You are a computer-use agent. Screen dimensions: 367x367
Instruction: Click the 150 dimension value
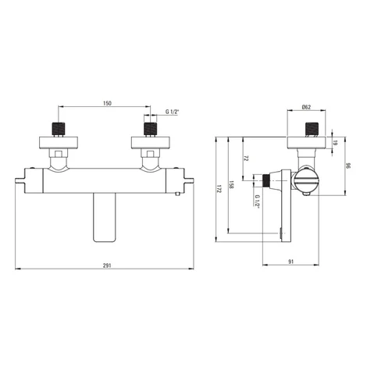(107, 103)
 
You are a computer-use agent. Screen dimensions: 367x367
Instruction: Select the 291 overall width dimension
(107, 265)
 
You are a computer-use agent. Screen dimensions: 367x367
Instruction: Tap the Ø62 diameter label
(306, 107)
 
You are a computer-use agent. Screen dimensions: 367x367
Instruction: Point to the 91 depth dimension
(291, 262)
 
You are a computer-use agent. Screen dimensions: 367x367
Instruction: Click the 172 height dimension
(219, 189)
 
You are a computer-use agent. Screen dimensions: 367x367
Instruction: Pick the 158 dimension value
(231, 184)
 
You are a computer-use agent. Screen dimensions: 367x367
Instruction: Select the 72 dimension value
(246, 159)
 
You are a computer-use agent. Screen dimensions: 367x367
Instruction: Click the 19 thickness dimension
(336, 143)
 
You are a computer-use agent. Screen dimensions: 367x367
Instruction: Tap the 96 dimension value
(349, 166)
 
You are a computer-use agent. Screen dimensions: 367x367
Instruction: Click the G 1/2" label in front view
(173, 112)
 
